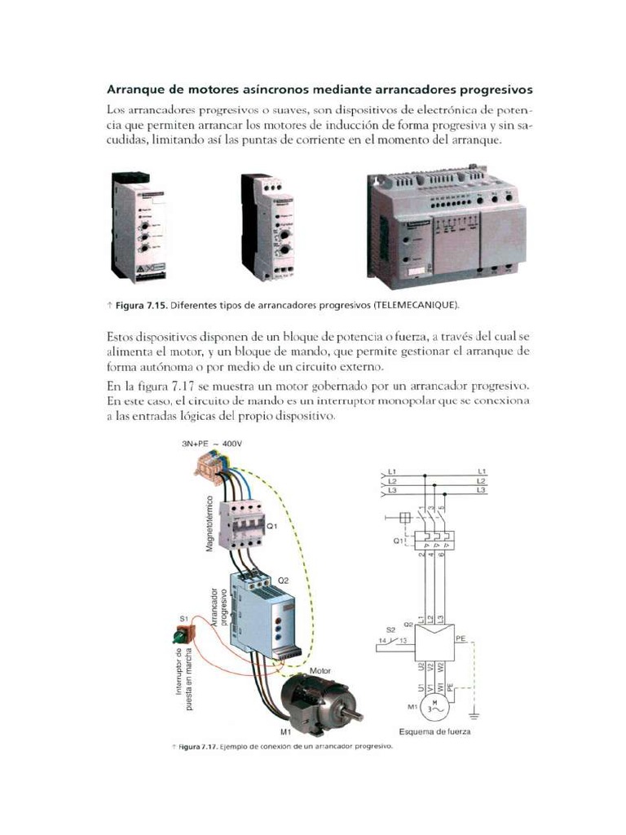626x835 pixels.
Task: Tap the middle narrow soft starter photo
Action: point(267,227)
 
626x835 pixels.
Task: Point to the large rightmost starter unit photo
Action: point(446,231)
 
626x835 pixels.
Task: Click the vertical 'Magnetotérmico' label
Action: point(209,523)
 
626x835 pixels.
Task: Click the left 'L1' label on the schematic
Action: point(391,471)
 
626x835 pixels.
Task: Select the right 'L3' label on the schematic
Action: point(482,490)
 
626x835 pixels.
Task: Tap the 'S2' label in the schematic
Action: point(390,629)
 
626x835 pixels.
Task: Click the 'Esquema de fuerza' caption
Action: point(434,731)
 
